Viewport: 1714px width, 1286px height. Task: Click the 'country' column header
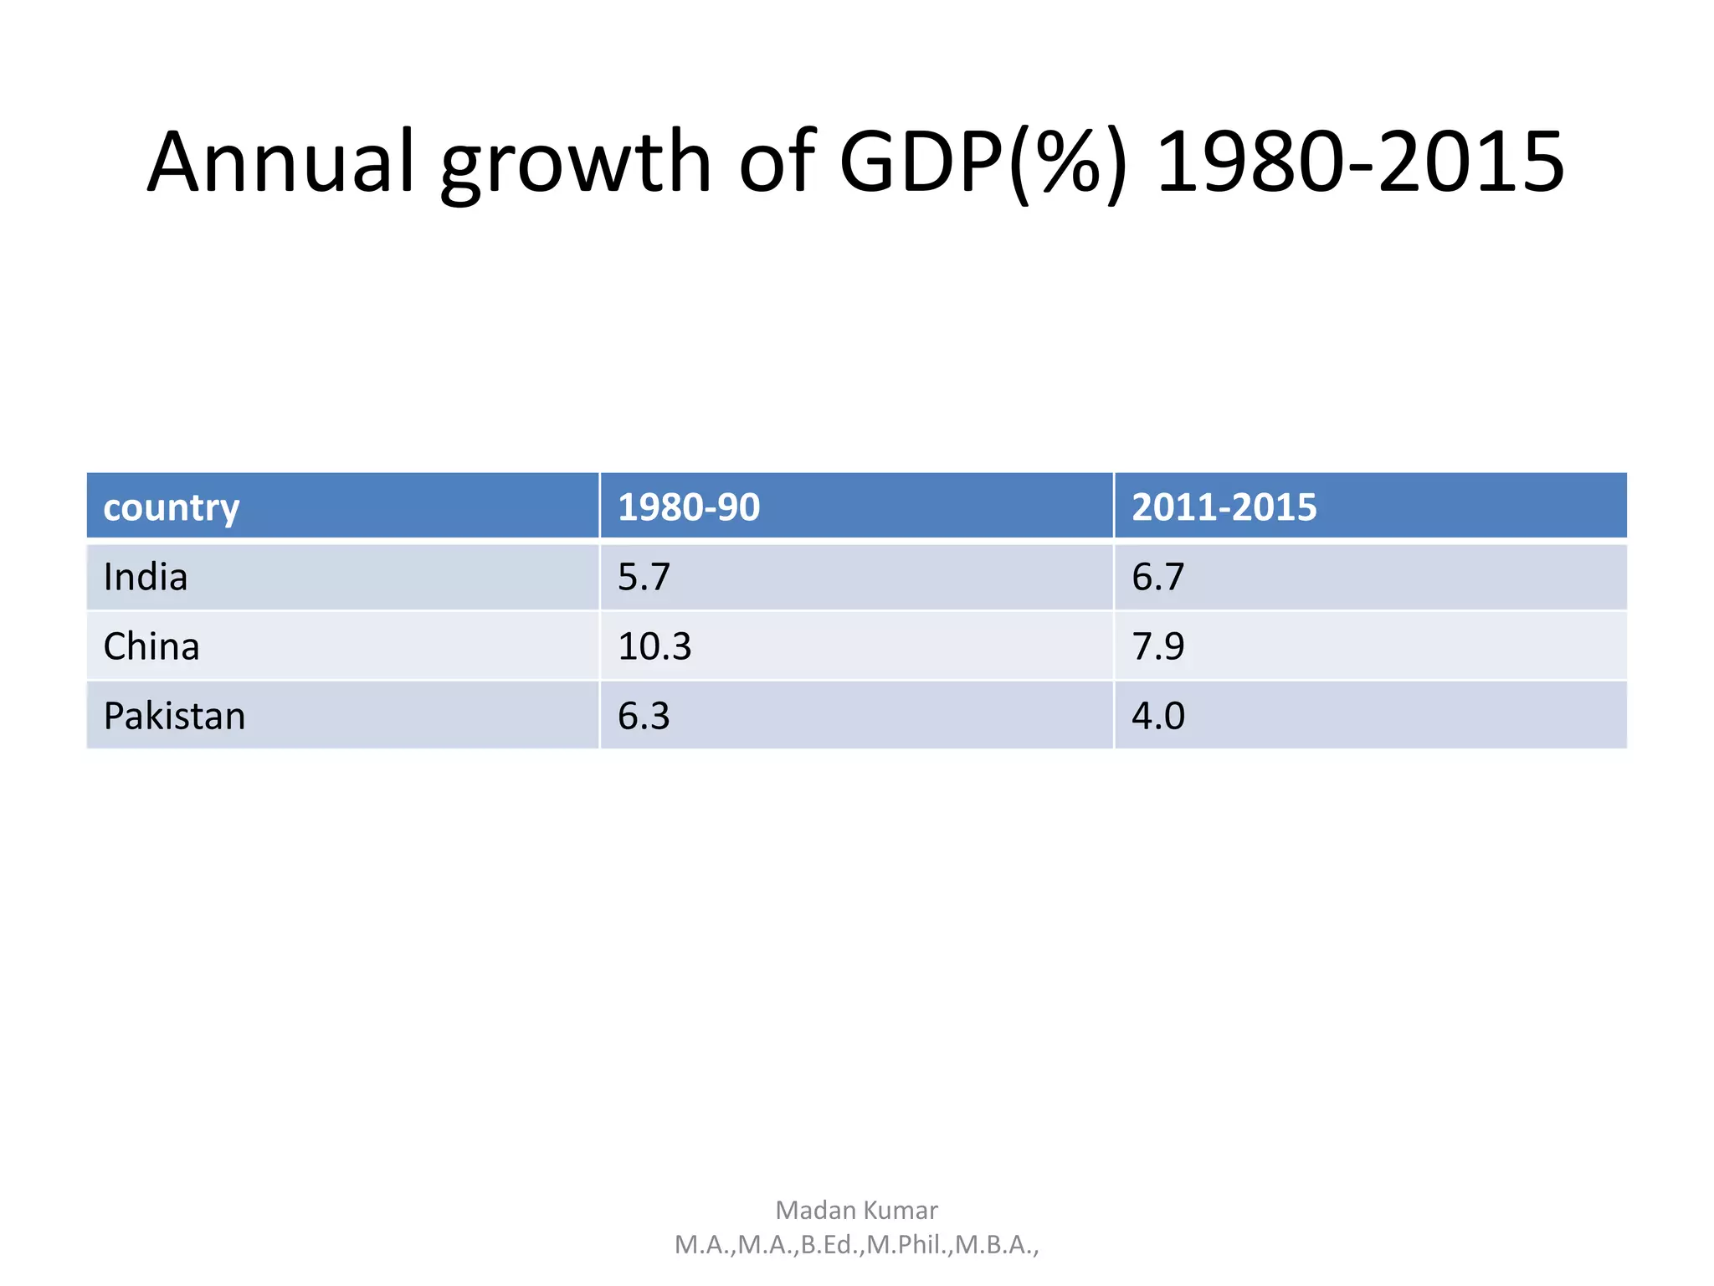[x=172, y=507]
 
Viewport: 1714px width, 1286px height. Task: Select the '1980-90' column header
[x=688, y=507]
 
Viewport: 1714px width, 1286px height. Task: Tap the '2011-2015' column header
[x=1224, y=507]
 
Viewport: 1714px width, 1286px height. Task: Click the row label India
[x=146, y=578]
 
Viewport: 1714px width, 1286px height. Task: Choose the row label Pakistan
[x=174, y=717]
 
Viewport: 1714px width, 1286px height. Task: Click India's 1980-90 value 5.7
[x=644, y=578]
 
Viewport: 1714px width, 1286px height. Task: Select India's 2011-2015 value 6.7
[x=1158, y=578]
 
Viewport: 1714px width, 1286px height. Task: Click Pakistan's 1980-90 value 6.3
[x=644, y=717]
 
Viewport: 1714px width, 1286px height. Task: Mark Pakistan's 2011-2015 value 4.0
[x=1158, y=717]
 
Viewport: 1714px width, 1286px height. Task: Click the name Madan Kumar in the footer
[x=856, y=1211]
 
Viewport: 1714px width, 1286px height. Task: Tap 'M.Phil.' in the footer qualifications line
[x=908, y=1246]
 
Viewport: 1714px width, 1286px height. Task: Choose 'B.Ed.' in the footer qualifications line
[x=831, y=1246]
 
